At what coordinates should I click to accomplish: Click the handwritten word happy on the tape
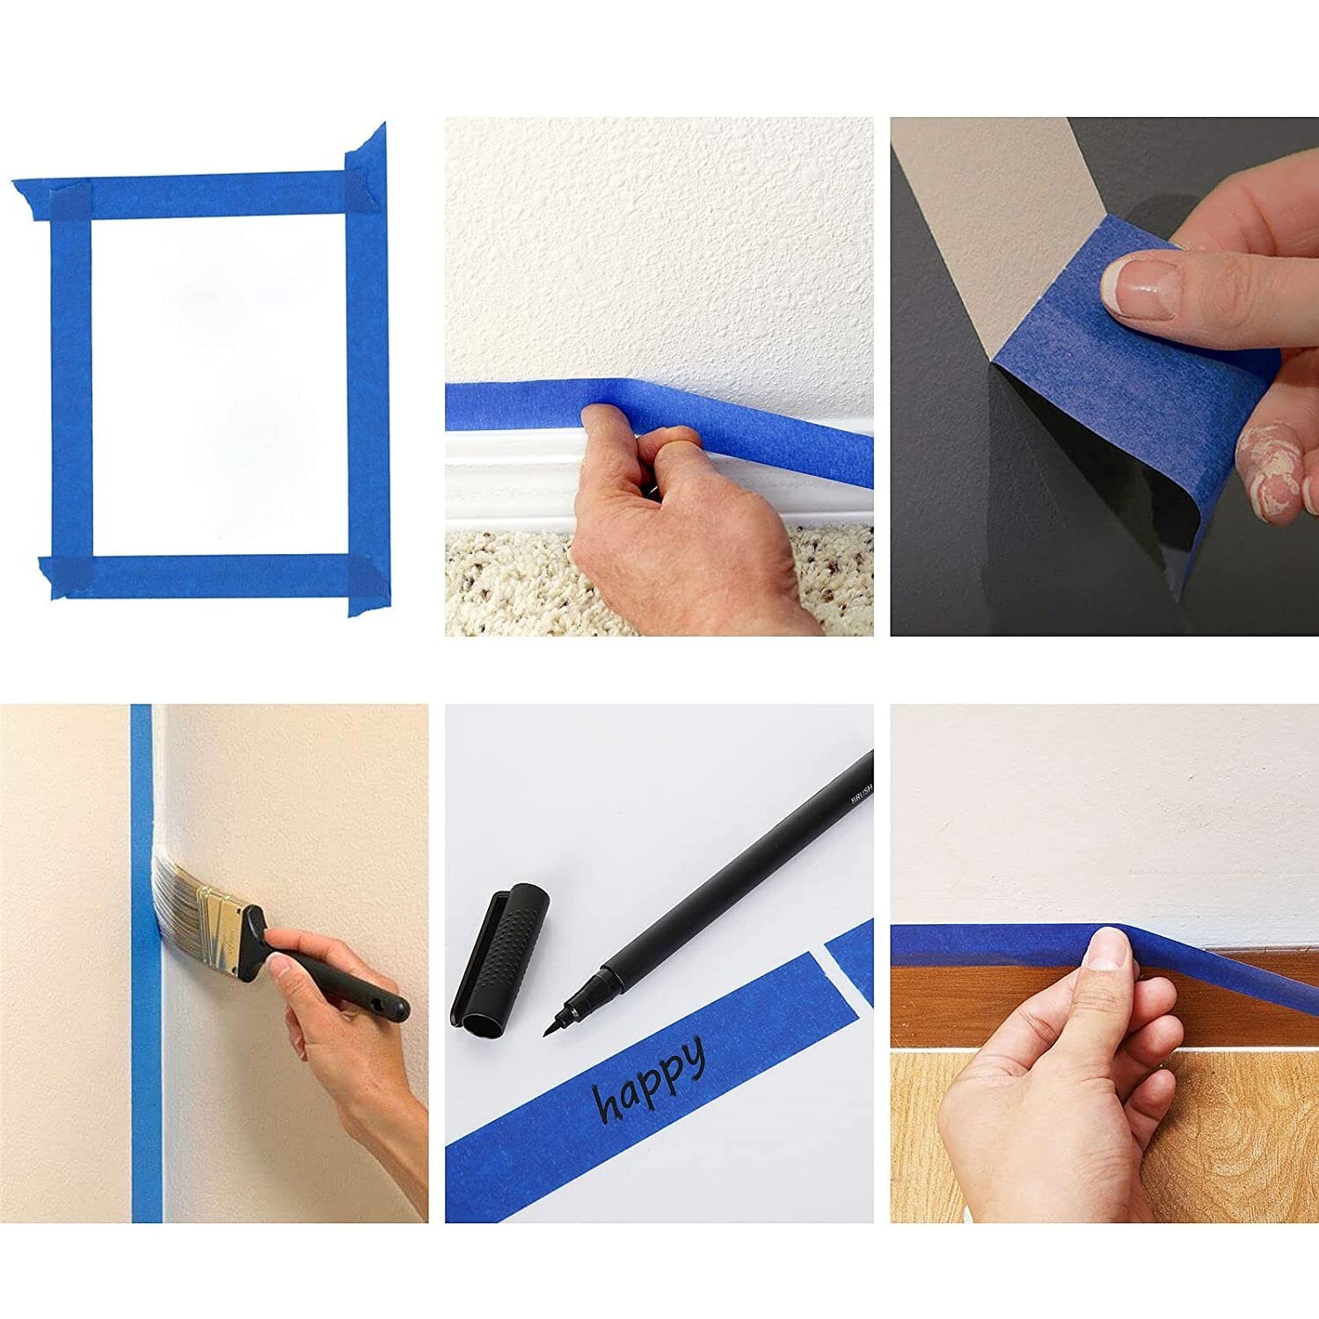651,1078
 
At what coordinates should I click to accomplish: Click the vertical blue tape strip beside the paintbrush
146,1055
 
